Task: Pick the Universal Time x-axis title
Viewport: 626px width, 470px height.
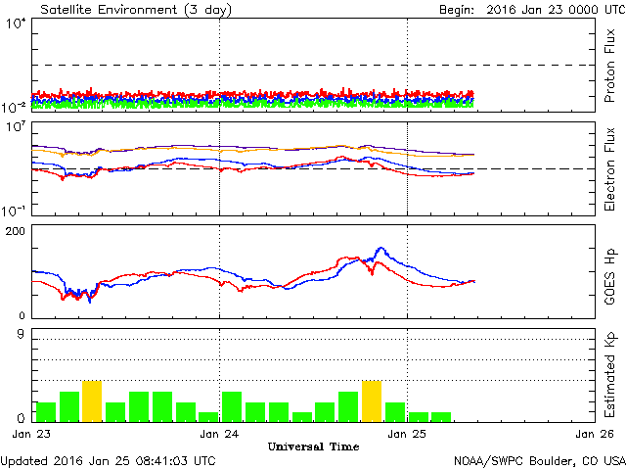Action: click(313, 446)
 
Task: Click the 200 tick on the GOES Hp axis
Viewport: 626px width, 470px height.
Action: click(17, 231)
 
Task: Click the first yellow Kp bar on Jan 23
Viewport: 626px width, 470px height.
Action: click(92, 400)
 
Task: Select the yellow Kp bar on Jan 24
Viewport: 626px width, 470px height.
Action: click(372, 400)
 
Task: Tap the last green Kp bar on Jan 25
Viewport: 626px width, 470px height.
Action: click(441, 416)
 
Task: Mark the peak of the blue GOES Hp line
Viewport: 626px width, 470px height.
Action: click(380, 249)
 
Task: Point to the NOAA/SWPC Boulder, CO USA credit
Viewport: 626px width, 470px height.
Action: click(539, 460)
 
